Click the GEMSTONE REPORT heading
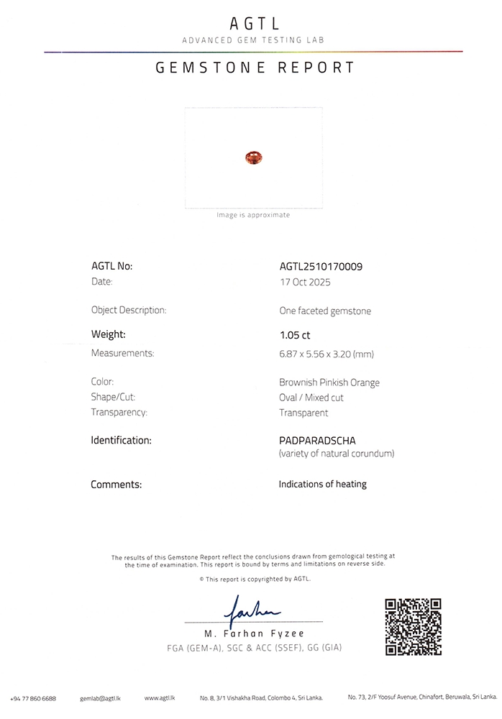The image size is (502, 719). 254,68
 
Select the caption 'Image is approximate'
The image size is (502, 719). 253,215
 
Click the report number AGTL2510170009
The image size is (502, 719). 321,266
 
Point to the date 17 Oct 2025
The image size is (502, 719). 305,283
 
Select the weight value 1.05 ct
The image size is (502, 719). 295,335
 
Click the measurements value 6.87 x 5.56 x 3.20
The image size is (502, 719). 327,354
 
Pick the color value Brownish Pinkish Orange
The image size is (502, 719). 329,383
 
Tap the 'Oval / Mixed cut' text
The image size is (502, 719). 311,398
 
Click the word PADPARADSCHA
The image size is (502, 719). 317,439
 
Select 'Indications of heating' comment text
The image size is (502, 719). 322,485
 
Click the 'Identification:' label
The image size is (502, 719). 121,439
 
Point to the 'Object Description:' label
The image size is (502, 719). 129,311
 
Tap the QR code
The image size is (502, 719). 413,626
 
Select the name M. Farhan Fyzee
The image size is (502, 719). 254,633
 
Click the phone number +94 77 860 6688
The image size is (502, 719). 34,698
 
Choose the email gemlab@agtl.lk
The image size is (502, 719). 100,698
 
